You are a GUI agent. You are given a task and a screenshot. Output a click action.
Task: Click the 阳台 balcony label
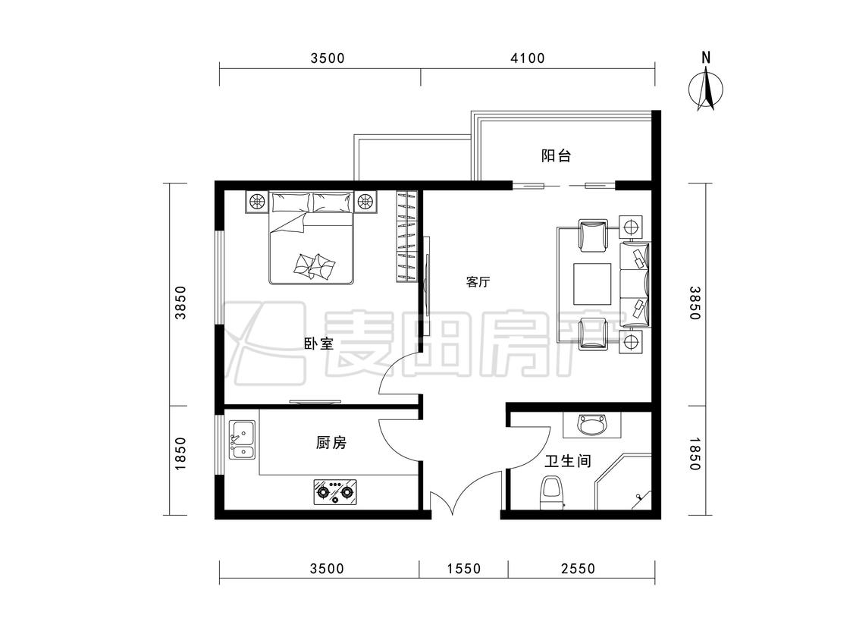(x=556, y=156)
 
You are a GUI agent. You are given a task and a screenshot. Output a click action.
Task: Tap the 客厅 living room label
(x=478, y=282)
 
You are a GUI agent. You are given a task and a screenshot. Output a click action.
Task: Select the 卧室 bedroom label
(x=318, y=344)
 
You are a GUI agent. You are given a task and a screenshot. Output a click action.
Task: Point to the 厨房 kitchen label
(x=331, y=443)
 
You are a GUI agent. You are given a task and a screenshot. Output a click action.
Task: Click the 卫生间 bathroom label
(x=568, y=462)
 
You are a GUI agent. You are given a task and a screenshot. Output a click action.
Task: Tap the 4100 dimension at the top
(x=528, y=58)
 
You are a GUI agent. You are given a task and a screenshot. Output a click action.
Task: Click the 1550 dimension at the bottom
(x=464, y=569)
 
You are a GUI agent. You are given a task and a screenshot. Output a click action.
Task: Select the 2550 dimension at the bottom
(x=579, y=569)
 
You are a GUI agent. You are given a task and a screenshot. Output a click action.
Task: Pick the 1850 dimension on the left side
(x=180, y=453)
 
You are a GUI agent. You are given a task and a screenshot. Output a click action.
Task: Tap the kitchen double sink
(x=242, y=440)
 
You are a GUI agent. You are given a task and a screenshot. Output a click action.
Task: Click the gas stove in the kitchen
(x=336, y=491)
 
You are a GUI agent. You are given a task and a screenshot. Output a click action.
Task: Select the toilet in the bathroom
(x=552, y=493)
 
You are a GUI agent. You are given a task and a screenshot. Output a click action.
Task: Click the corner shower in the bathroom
(x=623, y=484)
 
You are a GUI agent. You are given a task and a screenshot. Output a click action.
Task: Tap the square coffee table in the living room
(x=592, y=284)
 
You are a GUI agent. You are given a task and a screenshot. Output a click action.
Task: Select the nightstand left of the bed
(x=256, y=202)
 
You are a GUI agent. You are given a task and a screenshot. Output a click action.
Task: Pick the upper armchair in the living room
(x=593, y=236)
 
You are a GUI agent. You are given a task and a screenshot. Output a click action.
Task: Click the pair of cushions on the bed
(x=315, y=265)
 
